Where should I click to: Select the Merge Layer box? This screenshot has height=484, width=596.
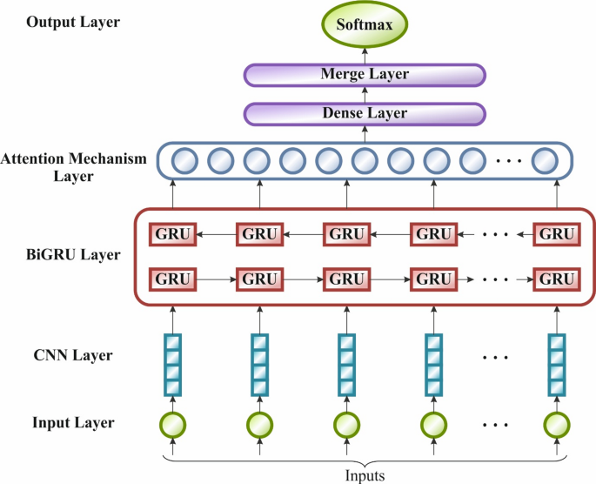tap(365, 75)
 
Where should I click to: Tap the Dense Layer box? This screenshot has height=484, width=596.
tap(365, 114)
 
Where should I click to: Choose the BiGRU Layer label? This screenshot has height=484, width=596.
tap(73, 256)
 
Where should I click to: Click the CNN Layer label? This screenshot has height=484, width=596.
tap(73, 355)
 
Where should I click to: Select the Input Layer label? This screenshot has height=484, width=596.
tap(73, 423)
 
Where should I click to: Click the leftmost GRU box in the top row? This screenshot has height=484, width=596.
tap(173, 234)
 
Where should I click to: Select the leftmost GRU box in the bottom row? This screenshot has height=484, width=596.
tap(173, 279)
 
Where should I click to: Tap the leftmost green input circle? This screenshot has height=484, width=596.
tap(173, 426)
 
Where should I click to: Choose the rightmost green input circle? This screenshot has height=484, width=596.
tap(556, 426)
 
